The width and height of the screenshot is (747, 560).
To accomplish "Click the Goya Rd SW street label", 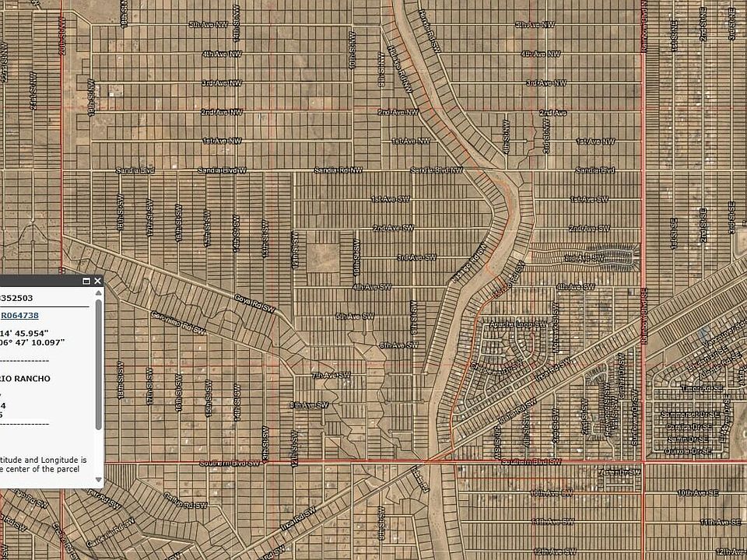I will pos(255,303).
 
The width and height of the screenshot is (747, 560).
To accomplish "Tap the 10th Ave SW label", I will pos(551,493).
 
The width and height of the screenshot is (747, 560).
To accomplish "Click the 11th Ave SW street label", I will pos(552,522).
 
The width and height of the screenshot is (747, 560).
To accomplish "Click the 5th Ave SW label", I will pos(355,316).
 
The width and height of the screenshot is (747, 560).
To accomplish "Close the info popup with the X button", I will pos(97,281).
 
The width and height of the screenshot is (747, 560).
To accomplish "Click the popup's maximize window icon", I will pos(86,281).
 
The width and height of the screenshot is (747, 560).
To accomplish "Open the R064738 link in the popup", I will pos(20,315).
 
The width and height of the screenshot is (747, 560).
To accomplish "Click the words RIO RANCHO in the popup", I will pos(25,379).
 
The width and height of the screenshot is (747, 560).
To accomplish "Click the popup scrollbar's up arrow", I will pos(98,293).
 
